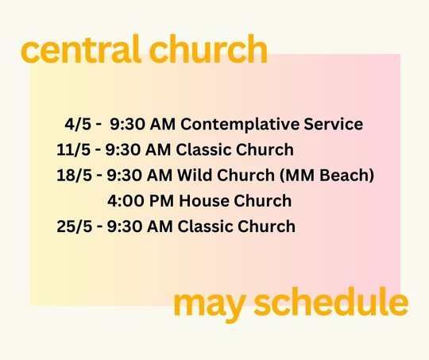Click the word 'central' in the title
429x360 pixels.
[x=81, y=49]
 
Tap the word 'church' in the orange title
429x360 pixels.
[x=208, y=49]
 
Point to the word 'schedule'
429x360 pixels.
[x=331, y=301]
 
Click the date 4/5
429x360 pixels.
[x=78, y=124]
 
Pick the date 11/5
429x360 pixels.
[x=73, y=149]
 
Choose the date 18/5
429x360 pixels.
[x=74, y=175]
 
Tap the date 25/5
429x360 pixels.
[x=75, y=226]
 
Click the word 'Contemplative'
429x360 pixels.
[x=240, y=125]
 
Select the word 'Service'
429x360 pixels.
[x=333, y=124]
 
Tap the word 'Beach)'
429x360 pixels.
[x=346, y=175]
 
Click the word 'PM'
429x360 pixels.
[x=161, y=201]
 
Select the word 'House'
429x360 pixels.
[x=204, y=201]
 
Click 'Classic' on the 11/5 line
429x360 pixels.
[x=203, y=149]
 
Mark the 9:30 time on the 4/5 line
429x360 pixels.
[x=127, y=124]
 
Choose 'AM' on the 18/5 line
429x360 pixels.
[x=160, y=175]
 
